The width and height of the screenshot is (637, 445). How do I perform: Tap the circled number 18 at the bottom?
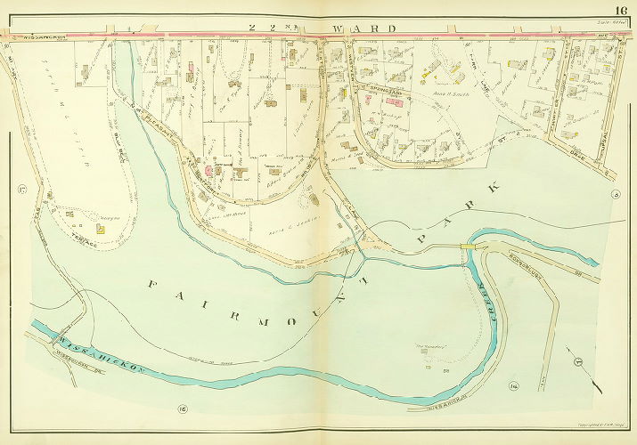click(x=182, y=409)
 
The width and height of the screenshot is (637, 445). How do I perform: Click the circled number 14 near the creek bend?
click(x=513, y=384)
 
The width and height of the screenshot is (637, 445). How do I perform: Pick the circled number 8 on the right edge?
click(x=615, y=194)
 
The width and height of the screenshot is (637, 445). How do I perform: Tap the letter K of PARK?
click(x=489, y=190)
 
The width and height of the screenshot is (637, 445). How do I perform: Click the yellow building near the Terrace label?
click(x=100, y=229)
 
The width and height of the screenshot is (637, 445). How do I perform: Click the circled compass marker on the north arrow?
click(x=576, y=361)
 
